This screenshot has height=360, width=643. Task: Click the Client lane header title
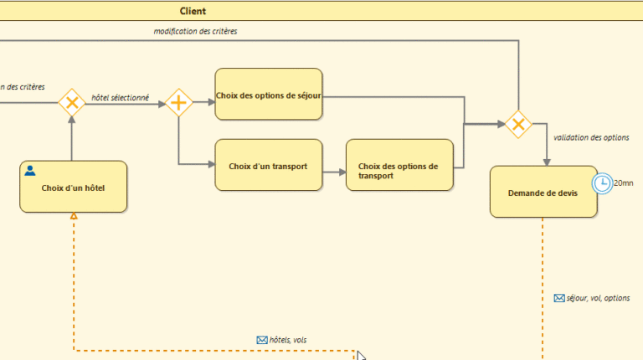pos(193,11)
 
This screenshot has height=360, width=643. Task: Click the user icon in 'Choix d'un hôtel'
pos(30,171)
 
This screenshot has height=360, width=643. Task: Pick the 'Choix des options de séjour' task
pos(268,95)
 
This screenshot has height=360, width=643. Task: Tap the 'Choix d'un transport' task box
pos(268,166)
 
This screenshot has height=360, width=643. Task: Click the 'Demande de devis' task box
pos(543,193)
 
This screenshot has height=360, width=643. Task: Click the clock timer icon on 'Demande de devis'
pos(601,183)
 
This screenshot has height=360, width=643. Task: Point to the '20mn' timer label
pos(624,183)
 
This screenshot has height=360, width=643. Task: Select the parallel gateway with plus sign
pos(178,103)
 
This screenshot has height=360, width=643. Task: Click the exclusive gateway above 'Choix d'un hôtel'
pos(72,103)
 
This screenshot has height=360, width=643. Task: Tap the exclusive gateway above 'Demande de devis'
pos(517,125)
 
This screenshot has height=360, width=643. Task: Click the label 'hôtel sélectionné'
pos(120,98)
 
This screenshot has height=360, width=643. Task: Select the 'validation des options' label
pos(591,137)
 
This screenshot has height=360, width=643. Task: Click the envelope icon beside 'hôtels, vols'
pos(261,340)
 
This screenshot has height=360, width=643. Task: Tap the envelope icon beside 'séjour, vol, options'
pos(559,298)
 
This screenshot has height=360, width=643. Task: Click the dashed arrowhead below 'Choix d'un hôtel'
pos(74,217)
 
